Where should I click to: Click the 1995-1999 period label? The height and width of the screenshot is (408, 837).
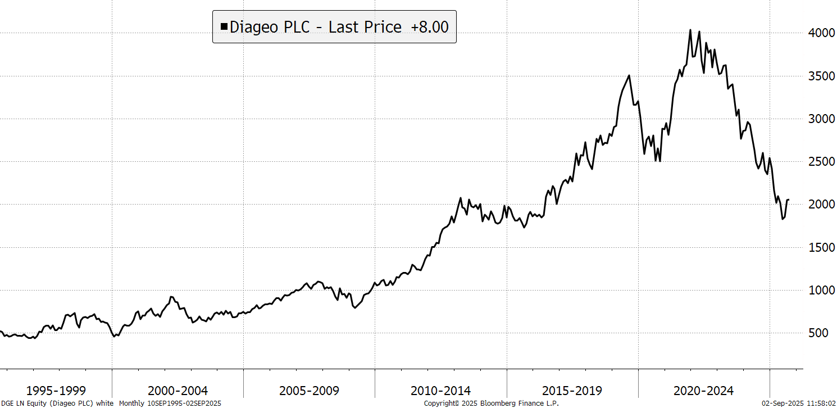[56, 391]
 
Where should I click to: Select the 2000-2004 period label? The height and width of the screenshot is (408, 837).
[178, 391]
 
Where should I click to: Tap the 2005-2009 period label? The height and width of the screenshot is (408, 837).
[309, 391]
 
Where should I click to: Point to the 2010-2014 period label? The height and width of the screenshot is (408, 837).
[440, 391]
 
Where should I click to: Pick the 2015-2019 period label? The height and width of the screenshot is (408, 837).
[572, 391]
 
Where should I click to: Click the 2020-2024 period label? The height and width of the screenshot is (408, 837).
[703, 391]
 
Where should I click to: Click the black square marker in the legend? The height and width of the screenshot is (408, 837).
[224, 26]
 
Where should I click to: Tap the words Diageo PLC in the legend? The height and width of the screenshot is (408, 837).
[270, 26]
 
